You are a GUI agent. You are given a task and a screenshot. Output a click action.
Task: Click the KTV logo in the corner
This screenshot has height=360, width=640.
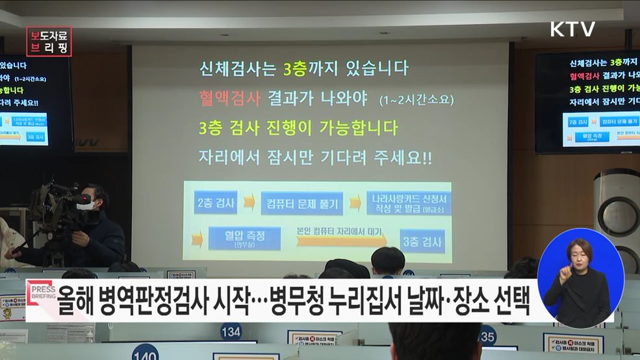572,29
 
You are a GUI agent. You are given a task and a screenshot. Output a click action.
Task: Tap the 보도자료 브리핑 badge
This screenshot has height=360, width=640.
49,41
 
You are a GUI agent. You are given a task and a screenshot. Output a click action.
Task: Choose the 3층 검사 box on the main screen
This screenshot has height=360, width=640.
422,242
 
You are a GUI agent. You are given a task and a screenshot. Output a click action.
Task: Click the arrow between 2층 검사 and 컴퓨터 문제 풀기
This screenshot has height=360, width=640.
249,203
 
